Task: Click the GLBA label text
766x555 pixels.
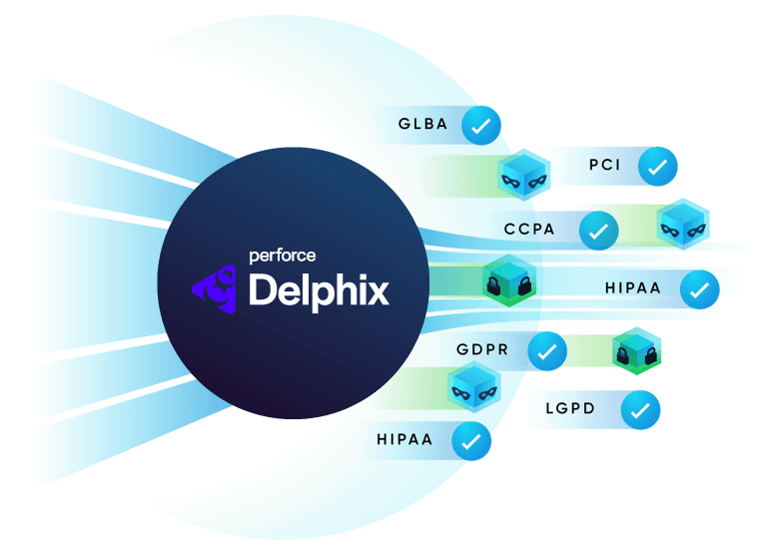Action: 423,126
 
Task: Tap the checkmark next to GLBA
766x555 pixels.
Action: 482,127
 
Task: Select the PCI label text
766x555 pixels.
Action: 605,165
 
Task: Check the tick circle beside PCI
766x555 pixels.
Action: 657,167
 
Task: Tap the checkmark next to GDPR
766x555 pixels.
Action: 546,351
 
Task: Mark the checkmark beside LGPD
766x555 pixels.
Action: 640,410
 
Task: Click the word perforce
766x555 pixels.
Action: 282,256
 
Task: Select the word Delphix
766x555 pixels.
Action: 319,290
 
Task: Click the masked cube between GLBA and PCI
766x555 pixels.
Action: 524,176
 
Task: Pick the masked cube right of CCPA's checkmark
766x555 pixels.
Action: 684,224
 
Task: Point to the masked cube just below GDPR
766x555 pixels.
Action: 472,387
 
